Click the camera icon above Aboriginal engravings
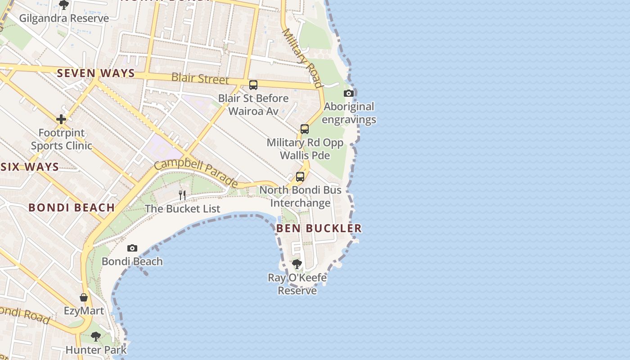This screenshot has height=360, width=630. click(348, 94)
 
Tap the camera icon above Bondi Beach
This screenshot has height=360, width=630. click(132, 248)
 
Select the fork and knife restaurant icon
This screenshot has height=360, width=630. click(182, 195)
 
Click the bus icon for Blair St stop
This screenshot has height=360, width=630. click(253, 85)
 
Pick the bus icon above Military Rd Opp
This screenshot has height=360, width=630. click(305, 129)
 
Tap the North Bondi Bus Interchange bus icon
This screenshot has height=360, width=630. click(300, 177)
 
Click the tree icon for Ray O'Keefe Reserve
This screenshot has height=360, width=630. click(297, 264)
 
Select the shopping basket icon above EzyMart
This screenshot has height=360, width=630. click(84, 297)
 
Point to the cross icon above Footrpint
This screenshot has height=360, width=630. click(61, 119)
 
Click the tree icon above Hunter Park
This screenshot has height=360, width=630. click(96, 336)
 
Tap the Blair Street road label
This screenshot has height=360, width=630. click(200, 78)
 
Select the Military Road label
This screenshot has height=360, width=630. click(302, 58)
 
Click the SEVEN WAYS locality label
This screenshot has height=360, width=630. click(96, 73)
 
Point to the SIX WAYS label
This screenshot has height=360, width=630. click(30, 167)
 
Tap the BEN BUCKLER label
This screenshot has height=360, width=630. click(319, 228)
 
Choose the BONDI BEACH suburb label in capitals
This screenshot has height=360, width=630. click(72, 207)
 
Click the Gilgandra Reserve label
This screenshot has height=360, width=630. click(64, 18)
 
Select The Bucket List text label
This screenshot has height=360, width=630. click(182, 209)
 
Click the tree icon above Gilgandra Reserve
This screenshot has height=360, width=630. click(64, 5)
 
